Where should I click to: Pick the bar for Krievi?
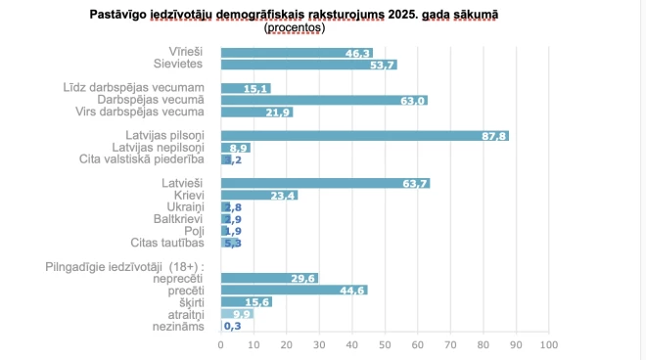pyautogui.click(x=259, y=195)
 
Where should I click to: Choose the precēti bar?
pyautogui.click(x=294, y=290)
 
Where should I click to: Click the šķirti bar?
pyautogui.click(x=247, y=301)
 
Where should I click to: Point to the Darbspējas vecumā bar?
pyautogui.click(x=324, y=100)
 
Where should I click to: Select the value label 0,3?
pyautogui.click(x=233, y=326)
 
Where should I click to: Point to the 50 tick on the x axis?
pyautogui.click(x=385, y=344)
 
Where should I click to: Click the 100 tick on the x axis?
pyautogui.click(x=548, y=344)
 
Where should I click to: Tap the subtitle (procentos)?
pyautogui.click(x=295, y=28)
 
